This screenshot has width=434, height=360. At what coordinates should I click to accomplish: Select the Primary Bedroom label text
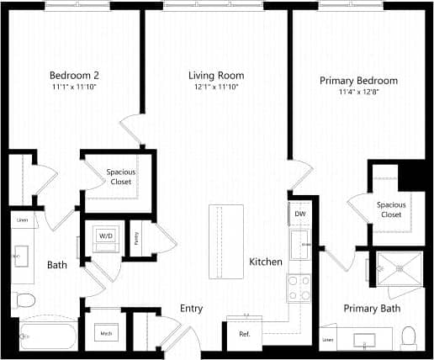(x=358, y=81)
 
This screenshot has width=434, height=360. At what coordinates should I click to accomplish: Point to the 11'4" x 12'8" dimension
(x=358, y=93)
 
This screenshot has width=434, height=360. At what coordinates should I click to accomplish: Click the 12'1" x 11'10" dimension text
(x=215, y=87)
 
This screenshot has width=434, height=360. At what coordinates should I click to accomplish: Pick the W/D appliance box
(x=107, y=236)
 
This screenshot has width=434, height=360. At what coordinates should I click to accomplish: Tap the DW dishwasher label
(x=300, y=214)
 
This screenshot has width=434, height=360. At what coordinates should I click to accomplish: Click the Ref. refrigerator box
(x=245, y=334)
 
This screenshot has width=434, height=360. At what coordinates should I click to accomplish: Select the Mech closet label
(x=107, y=334)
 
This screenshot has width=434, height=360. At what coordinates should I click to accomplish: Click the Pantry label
(x=136, y=237)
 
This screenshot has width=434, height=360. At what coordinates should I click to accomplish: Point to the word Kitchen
(x=266, y=262)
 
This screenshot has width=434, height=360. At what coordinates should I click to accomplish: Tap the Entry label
(x=192, y=309)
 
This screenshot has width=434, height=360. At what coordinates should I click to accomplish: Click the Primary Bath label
(x=372, y=309)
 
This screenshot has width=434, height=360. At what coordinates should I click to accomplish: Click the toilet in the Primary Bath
(x=410, y=337)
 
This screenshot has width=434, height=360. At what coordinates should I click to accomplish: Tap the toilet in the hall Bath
(x=24, y=299)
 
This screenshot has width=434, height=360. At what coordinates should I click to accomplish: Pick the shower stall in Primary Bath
(x=398, y=269)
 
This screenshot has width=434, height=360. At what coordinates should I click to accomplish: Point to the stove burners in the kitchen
(x=299, y=289)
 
